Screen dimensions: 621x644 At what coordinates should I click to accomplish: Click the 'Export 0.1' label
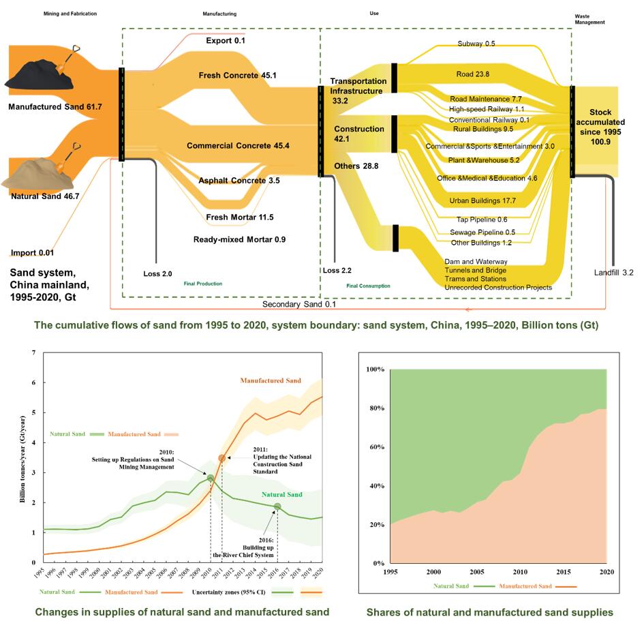click(x=226, y=41)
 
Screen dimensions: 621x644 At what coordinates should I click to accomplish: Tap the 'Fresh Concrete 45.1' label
click(x=238, y=76)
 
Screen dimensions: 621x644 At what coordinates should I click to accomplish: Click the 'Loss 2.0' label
click(x=157, y=273)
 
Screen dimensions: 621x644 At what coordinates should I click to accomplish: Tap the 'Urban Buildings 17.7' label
click(x=482, y=201)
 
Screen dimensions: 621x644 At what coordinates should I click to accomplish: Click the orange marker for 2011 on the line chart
click(x=222, y=458)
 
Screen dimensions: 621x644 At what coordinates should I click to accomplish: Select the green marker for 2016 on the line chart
click(x=277, y=506)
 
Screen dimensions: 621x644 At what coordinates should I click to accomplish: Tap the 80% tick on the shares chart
click(x=376, y=408)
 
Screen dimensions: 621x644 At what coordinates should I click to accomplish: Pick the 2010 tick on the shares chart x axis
click(x=521, y=571)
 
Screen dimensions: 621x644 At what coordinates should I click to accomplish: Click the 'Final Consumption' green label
click(x=368, y=286)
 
